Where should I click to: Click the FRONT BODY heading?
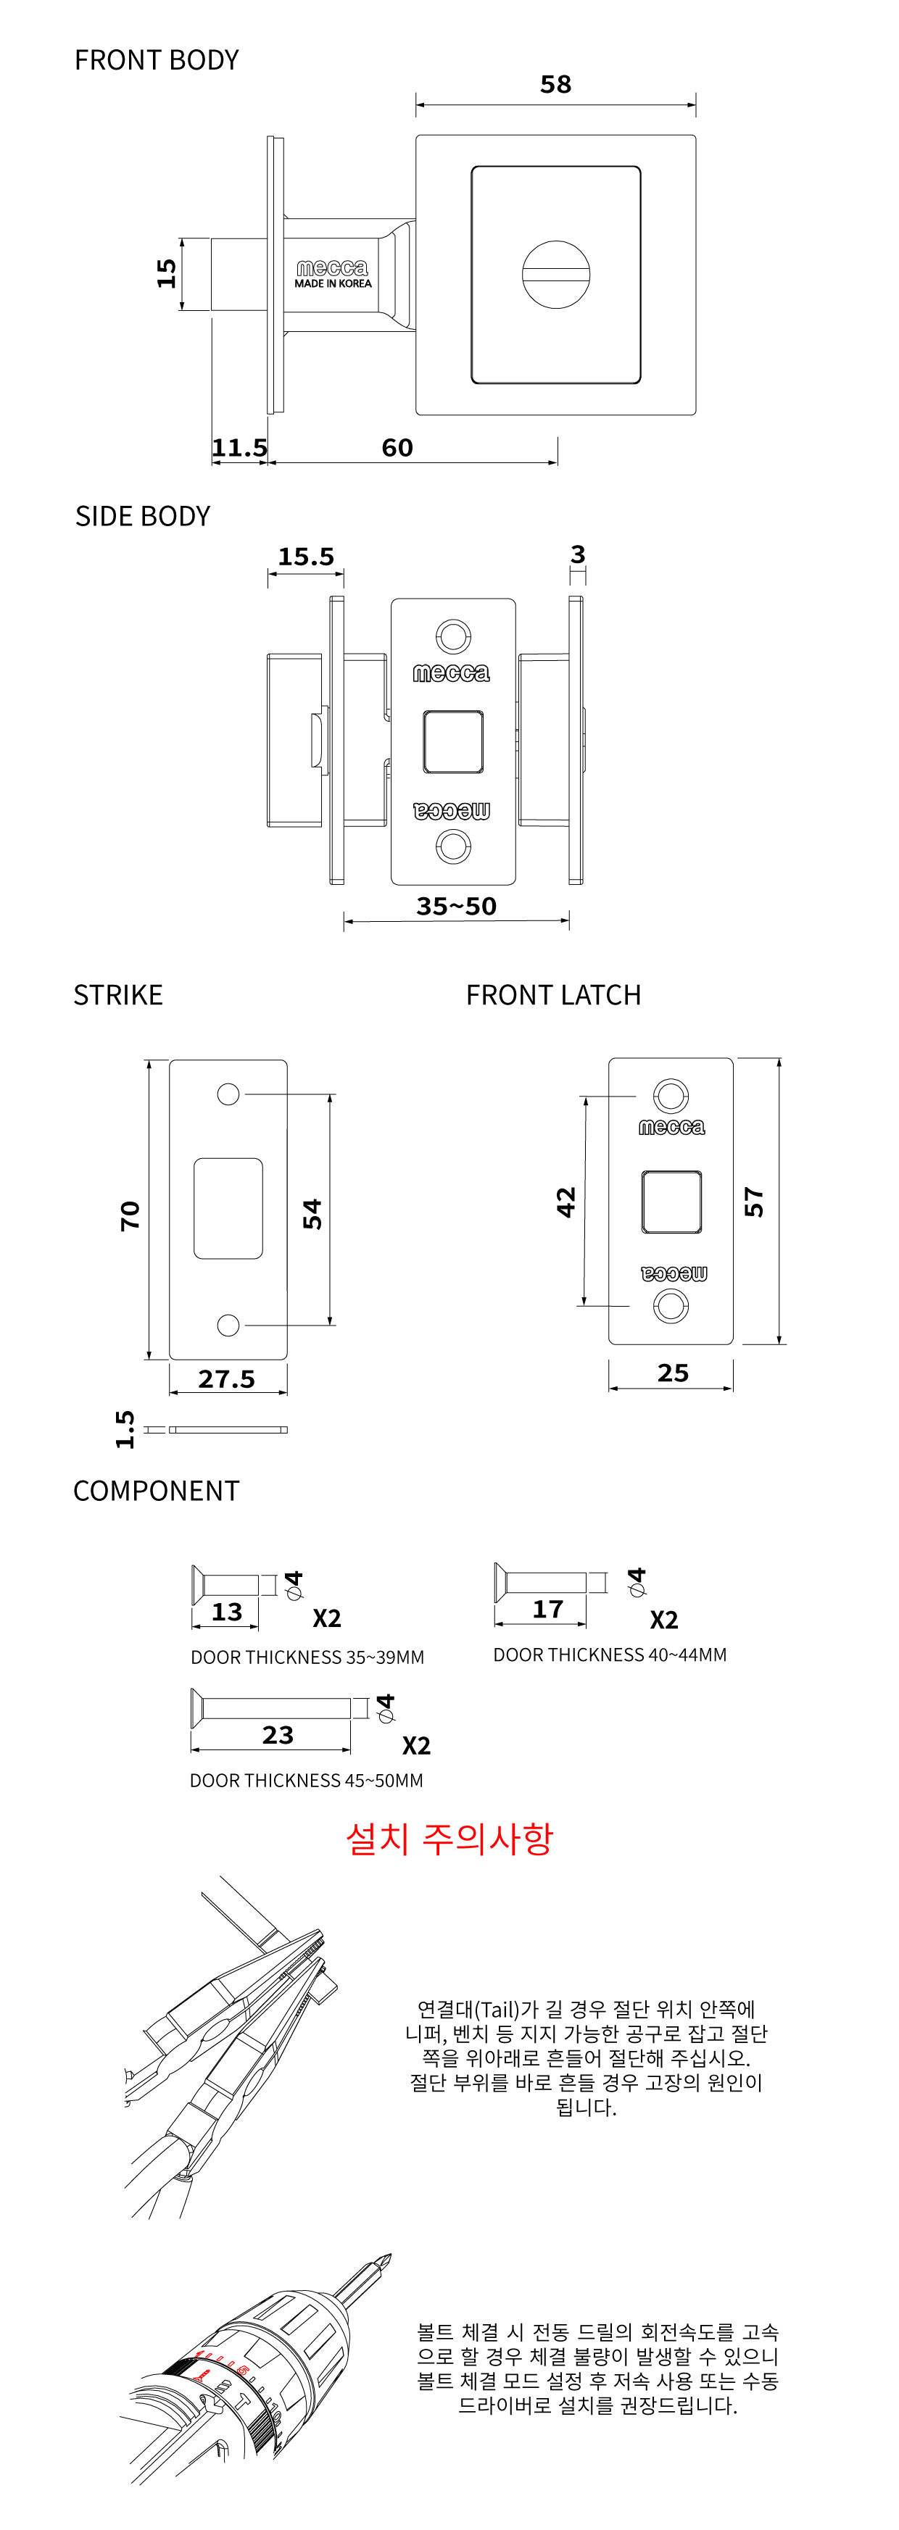[156, 61]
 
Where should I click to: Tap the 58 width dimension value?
[555, 85]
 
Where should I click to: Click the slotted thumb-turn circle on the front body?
[556, 274]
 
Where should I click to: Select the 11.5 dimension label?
[240, 448]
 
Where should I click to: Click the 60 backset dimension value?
[397, 448]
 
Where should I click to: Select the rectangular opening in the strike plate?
[228, 1208]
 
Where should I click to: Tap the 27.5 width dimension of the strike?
[226, 1379]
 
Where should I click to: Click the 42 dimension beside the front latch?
[566, 1202]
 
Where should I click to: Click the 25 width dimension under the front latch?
[673, 1373]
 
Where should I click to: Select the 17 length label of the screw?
[547, 1609]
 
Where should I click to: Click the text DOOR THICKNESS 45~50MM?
[307, 1781]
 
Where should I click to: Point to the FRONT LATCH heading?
[553, 996]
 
